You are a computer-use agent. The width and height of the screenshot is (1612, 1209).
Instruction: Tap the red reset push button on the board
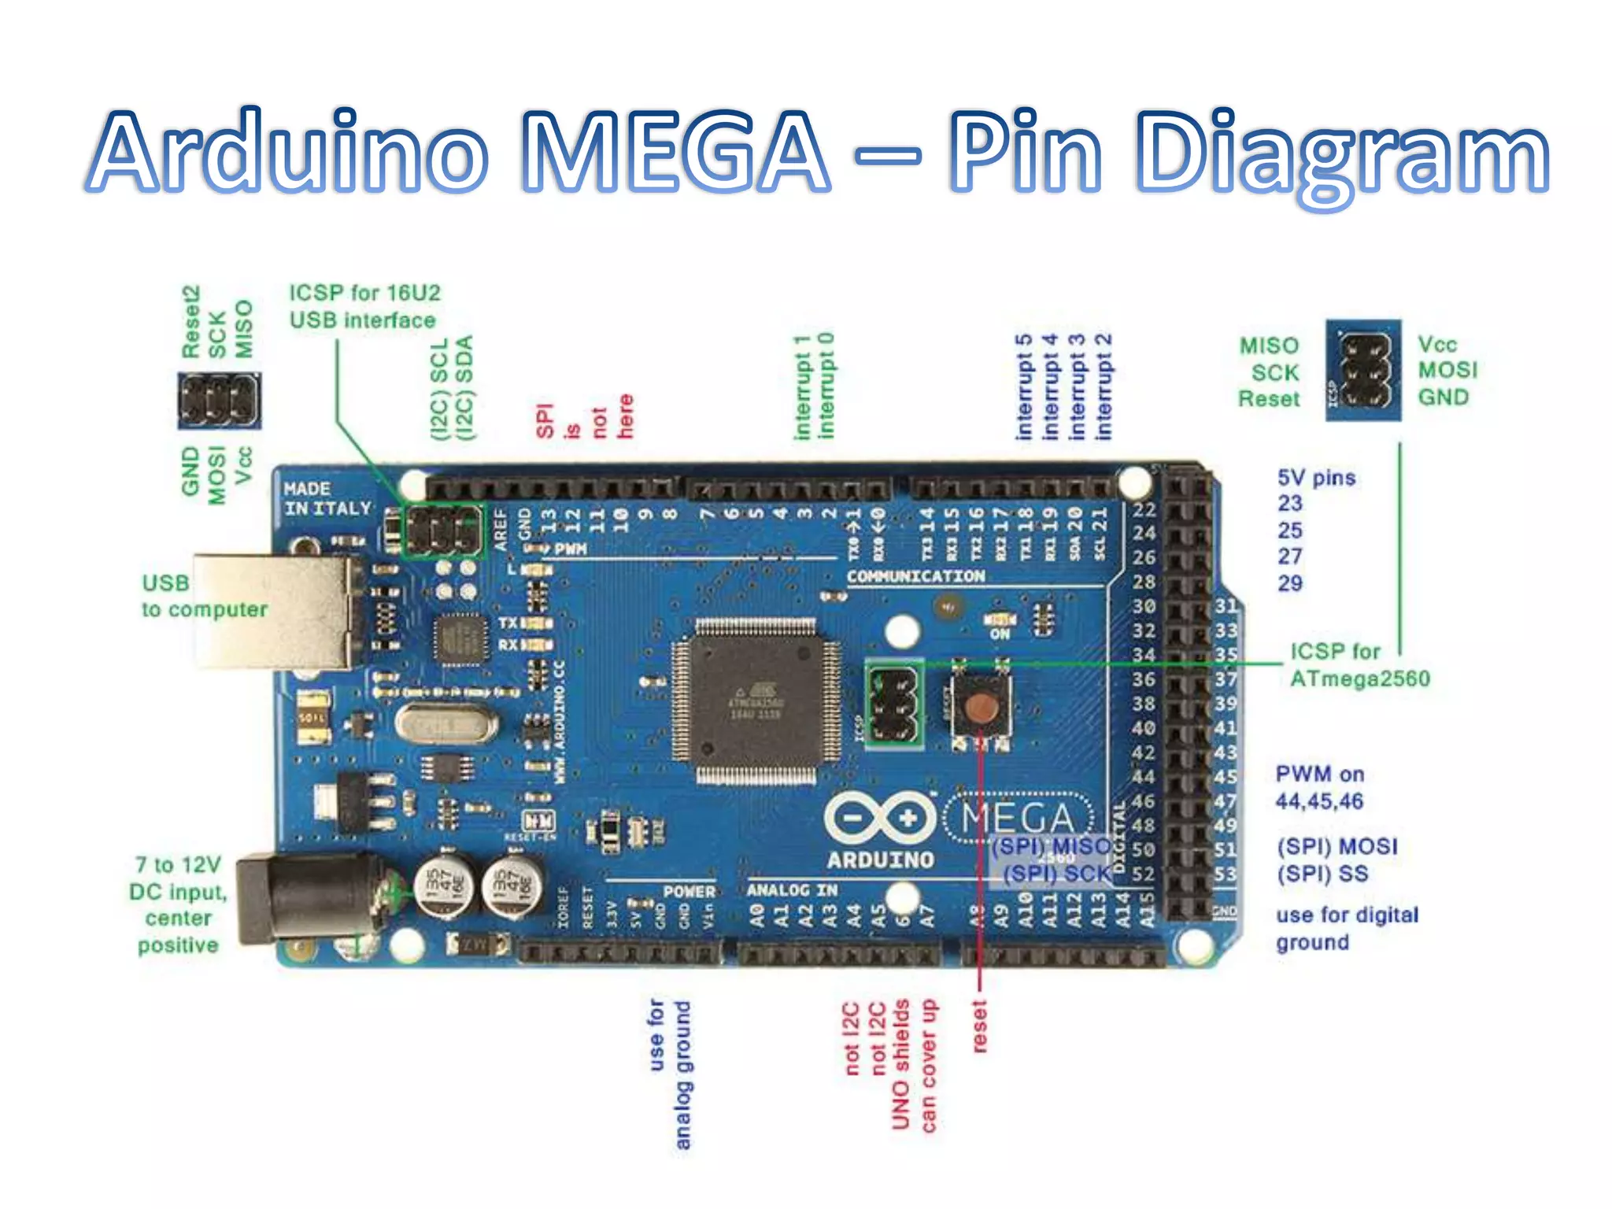pos(980,706)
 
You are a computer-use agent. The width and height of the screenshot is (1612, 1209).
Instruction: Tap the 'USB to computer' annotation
pos(203,596)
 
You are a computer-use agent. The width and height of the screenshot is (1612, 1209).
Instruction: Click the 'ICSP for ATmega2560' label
pos(1359,665)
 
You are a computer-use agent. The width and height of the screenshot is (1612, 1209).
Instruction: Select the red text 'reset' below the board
pos(979,1026)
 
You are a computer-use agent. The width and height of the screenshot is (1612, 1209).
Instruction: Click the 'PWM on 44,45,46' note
pos(1320,787)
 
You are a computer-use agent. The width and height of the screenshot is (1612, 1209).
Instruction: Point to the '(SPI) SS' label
pos(1322,874)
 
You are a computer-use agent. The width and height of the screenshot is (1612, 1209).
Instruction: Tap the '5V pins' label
pos(1316,478)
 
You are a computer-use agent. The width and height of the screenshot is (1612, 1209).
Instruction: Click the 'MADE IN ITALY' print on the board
pos(326,499)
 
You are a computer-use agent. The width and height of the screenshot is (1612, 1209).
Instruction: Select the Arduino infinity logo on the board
pos(879,819)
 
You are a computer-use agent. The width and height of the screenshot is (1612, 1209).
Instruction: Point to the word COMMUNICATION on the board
pos(915,576)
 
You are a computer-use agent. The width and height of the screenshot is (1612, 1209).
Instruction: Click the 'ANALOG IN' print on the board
pos(792,890)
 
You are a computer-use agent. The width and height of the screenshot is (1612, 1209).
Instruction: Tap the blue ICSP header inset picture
pos(1363,370)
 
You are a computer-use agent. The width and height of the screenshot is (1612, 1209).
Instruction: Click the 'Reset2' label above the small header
pos(191,322)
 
